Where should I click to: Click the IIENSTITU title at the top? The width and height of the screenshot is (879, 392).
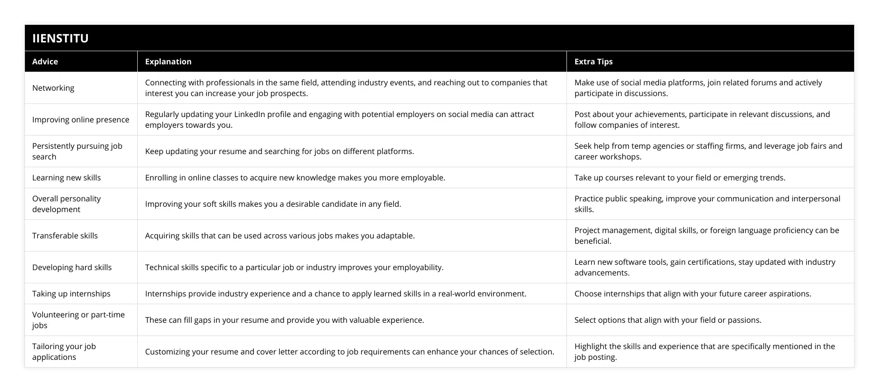tap(61, 38)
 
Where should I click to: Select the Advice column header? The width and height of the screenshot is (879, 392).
tap(45, 61)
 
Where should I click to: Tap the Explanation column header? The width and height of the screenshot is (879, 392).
tap(168, 61)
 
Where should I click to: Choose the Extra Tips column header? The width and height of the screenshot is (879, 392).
tap(593, 61)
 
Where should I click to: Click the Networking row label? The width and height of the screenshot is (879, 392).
tap(53, 88)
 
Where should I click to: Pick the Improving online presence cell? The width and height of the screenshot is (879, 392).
tap(81, 119)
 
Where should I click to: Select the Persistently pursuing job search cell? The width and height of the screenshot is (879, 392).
tap(77, 151)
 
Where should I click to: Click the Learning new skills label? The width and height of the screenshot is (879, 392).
tap(66, 177)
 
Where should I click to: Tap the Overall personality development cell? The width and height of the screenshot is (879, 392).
tap(66, 204)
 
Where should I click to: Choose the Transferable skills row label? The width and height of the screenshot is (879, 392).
tap(65, 235)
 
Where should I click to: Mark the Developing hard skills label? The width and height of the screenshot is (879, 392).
tap(72, 267)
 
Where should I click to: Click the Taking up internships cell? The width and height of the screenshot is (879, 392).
tap(71, 294)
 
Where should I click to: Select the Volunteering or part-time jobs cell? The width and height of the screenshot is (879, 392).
tap(78, 320)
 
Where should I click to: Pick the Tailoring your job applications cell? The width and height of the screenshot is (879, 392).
tap(64, 352)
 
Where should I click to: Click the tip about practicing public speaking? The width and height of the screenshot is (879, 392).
tap(707, 204)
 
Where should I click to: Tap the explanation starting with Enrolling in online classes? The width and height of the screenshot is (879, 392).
tap(295, 177)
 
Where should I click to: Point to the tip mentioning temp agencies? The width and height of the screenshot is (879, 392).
tap(708, 151)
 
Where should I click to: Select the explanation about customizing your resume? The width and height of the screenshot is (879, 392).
tap(350, 352)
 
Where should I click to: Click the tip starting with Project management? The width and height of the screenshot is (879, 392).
tap(707, 235)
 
